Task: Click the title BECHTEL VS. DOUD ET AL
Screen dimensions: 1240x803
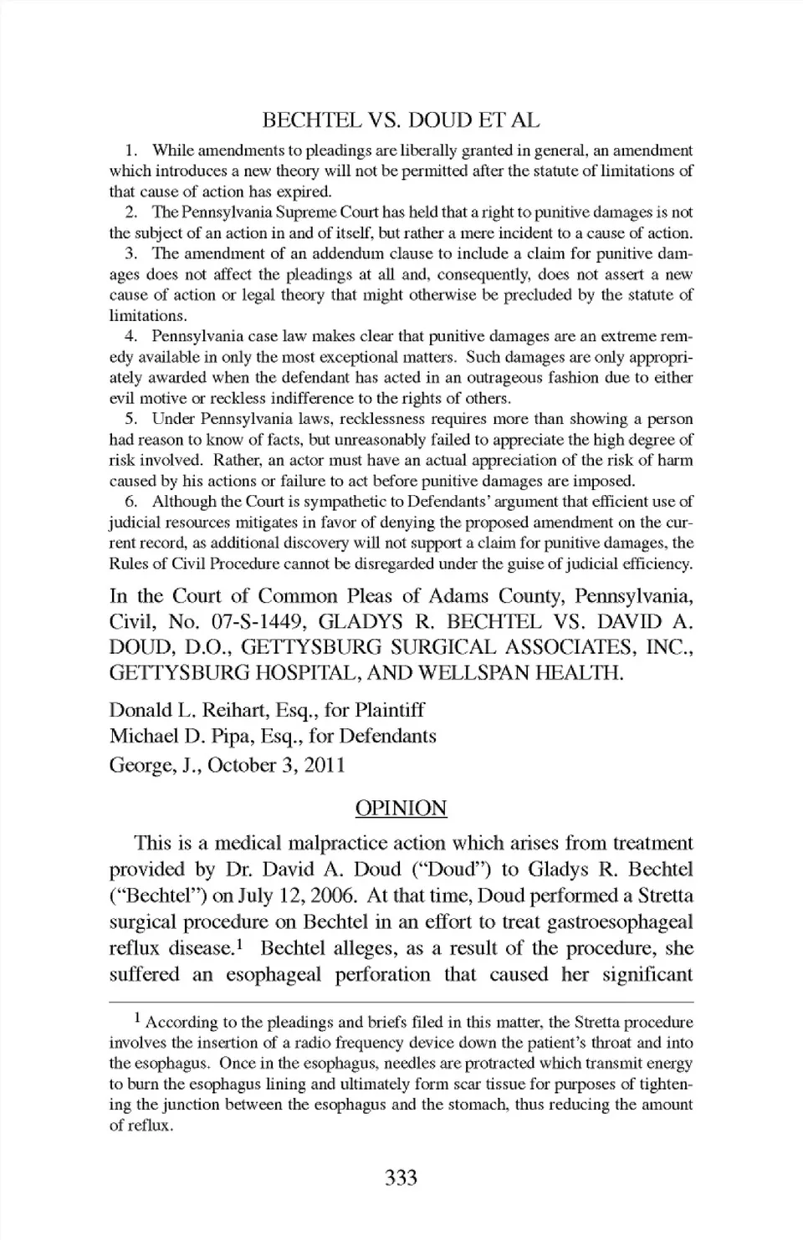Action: [x=401, y=120]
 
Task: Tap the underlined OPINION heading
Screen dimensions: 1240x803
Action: [x=401, y=808]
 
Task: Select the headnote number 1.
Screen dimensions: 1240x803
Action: [x=130, y=151]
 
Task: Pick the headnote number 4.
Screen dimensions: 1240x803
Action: [x=130, y=336]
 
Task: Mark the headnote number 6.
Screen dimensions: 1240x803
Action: [x=130, y=502]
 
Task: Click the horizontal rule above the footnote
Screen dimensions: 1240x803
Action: [x=401, y=1001]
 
